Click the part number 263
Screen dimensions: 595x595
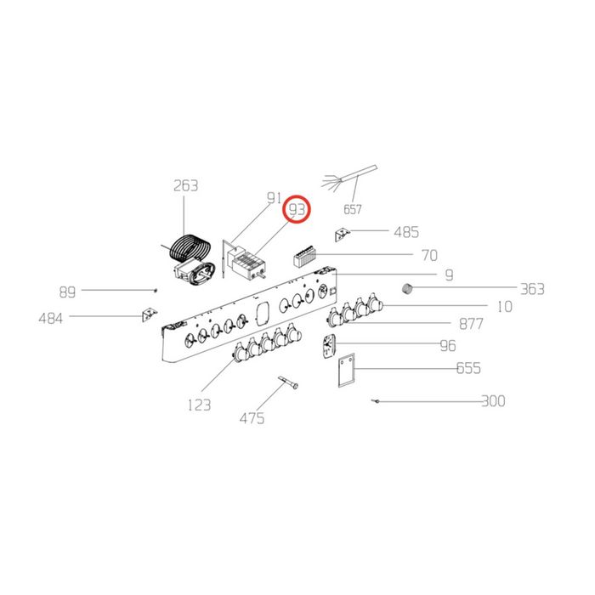pos(185,186)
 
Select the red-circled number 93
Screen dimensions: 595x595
pos(297,209)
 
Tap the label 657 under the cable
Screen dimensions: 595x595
pos(353,209)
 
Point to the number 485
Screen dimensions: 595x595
pos(406,232)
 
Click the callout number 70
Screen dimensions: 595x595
pos(429,255)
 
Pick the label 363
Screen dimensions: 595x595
pos(532,289)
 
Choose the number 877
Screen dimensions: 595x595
pos(471,324)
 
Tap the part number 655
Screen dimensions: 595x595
pos(468,368)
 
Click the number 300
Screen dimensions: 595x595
pos(493,401)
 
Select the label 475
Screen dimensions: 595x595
pos(252,418)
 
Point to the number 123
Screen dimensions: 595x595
pos(199,405)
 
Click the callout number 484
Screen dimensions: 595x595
pos(51,319)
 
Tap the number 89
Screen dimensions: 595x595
pos(67,292)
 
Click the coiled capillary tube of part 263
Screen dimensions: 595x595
pos(190,248)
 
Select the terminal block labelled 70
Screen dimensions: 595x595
pos(303,257)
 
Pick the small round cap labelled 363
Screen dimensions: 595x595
pos(407,288)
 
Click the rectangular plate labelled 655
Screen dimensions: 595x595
pos(347,370)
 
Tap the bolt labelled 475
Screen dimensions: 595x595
pos(288,382)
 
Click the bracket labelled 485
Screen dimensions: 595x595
pos(343,235)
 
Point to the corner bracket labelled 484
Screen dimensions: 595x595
pos(150,314)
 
